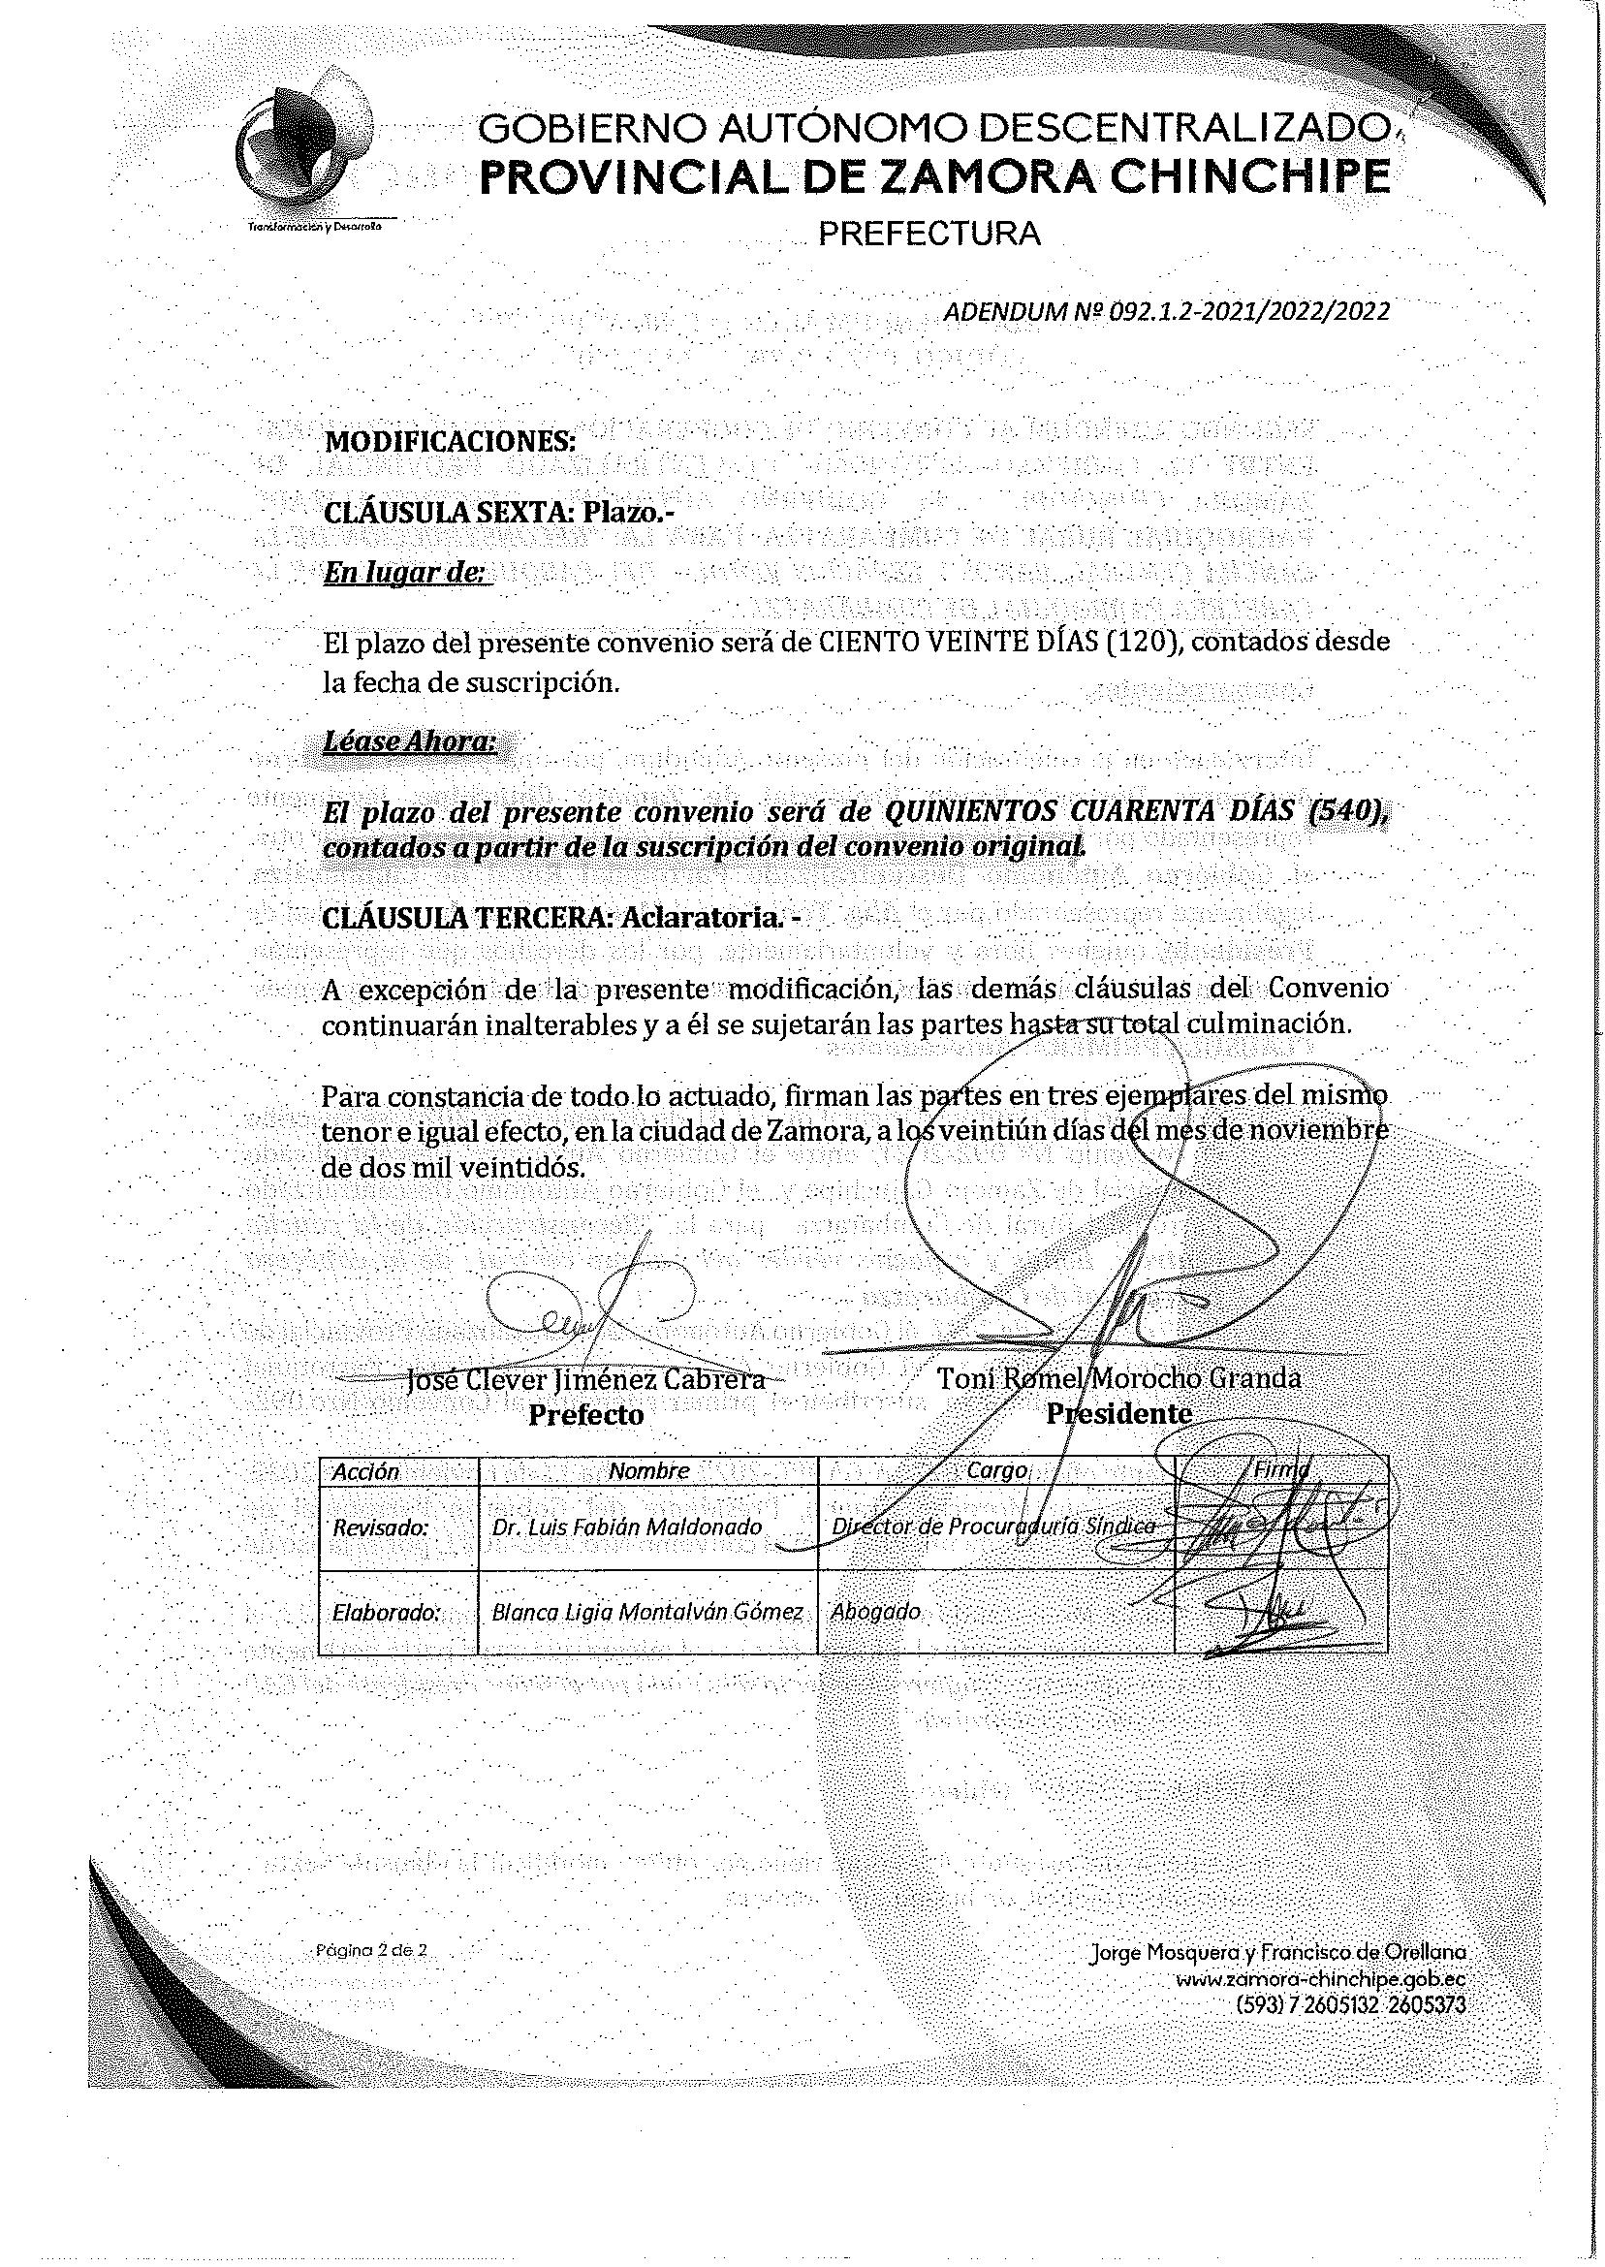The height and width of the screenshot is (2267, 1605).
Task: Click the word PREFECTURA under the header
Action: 931,235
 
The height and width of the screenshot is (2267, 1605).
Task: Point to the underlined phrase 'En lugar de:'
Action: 406,573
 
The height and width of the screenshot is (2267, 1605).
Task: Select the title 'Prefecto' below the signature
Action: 586,1415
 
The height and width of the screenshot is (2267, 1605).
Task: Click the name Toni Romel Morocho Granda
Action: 1118,1377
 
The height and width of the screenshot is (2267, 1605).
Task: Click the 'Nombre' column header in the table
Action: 648,1470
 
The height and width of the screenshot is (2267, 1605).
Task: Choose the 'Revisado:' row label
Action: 381,1527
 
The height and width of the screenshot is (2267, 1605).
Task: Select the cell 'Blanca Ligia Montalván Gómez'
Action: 647,1613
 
